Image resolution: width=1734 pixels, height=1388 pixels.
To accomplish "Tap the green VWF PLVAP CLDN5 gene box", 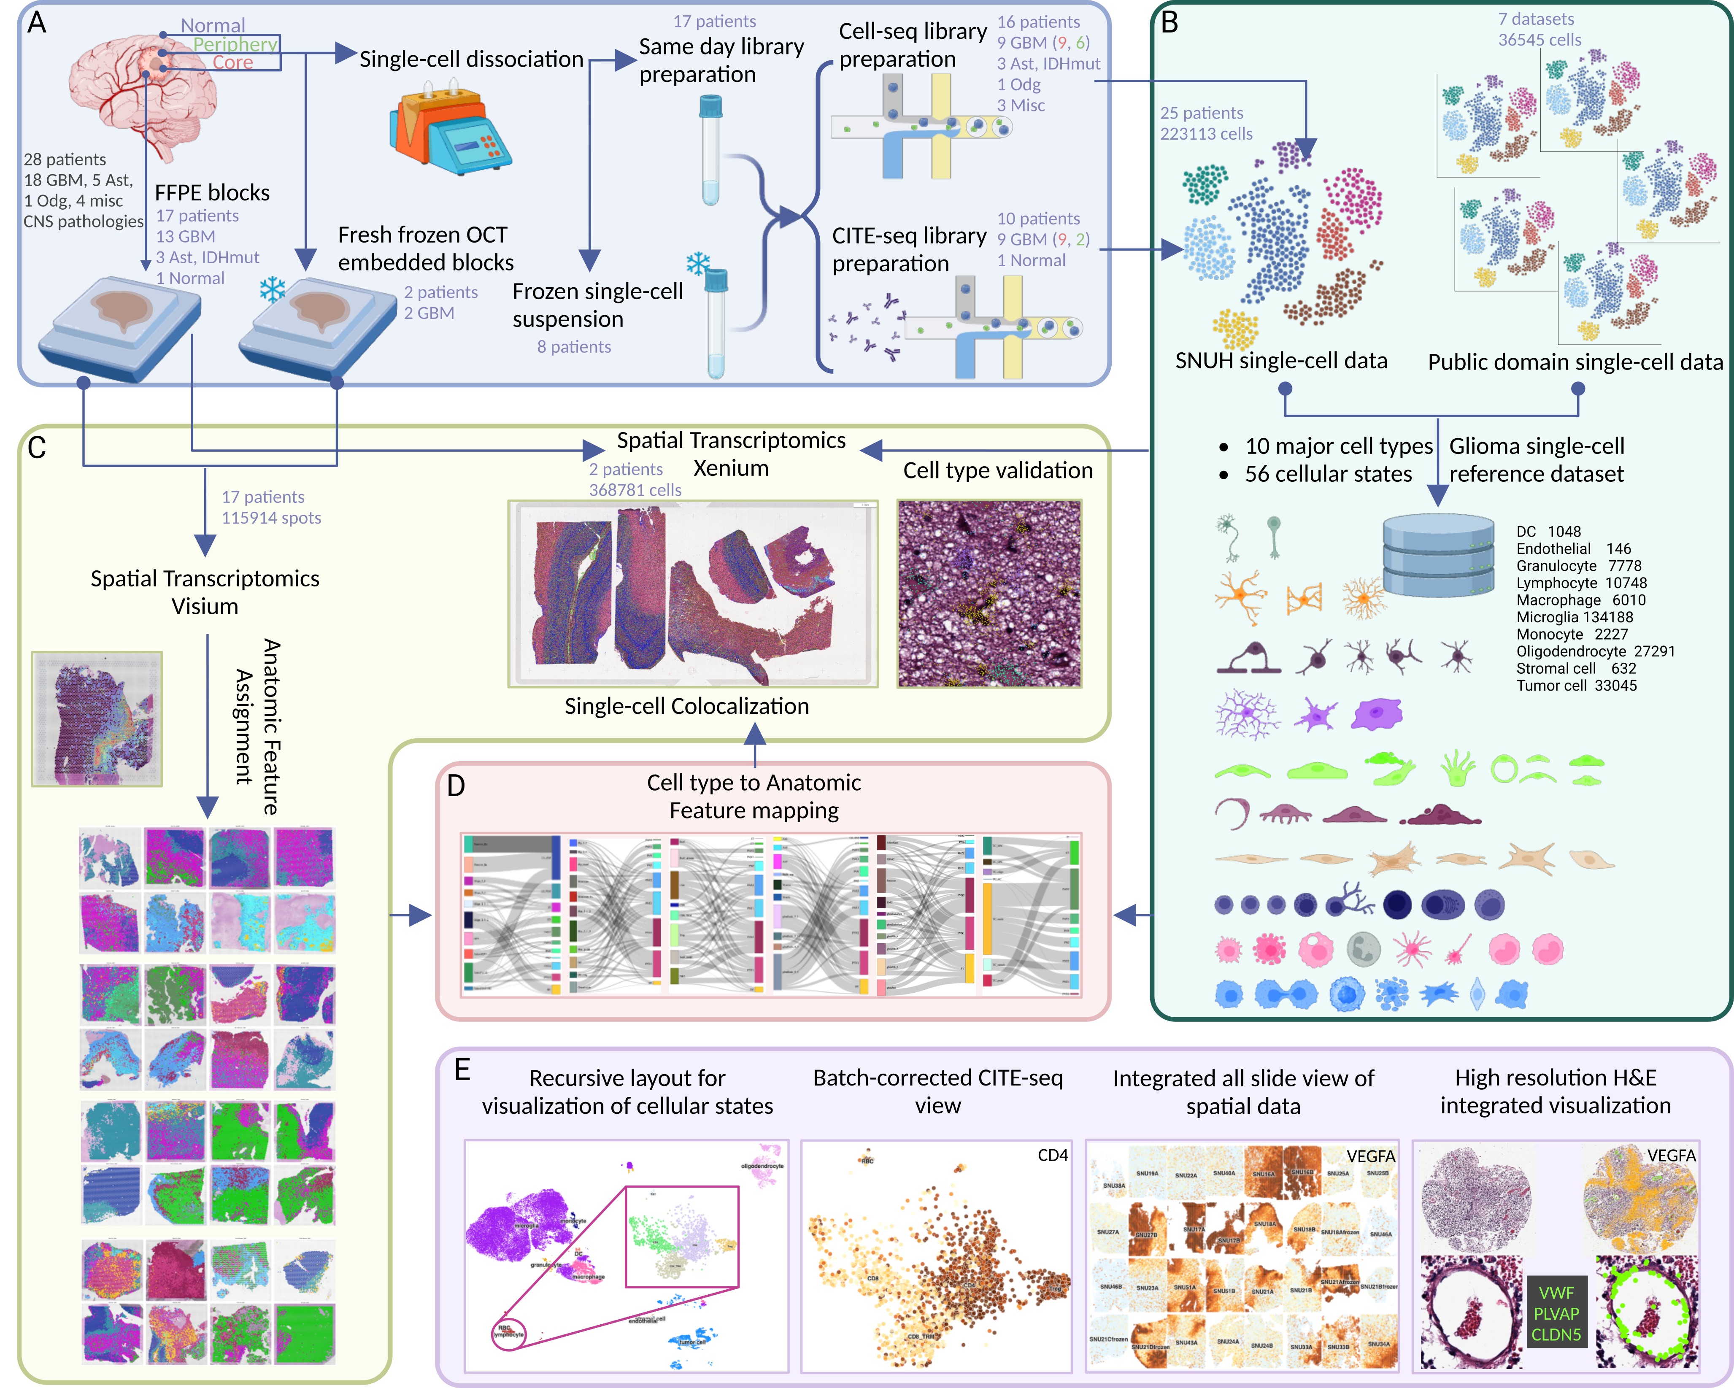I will tap(1556, 1313).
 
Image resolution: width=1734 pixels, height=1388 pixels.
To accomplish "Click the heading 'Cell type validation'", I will tap(997, 470).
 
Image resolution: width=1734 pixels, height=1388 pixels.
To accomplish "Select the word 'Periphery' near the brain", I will tap(235, 44).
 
